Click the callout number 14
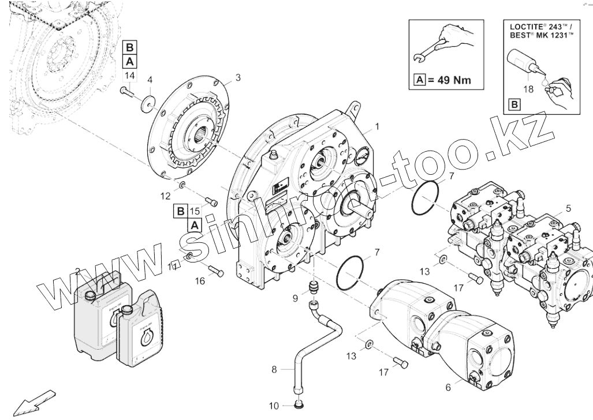(129, 76)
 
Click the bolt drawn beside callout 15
(212, 202)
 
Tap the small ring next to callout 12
(181, 185)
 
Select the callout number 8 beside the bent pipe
(275, 369)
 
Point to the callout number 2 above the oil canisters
(77, 271)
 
